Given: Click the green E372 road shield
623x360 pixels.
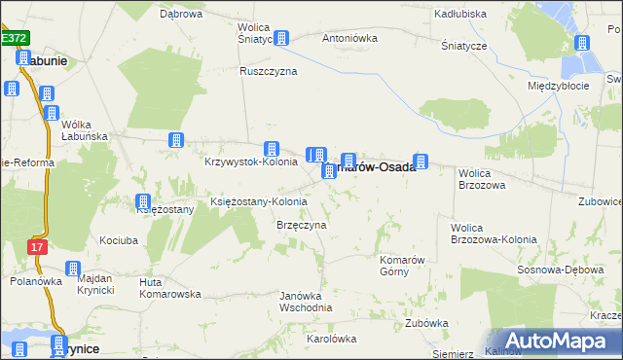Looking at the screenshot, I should point(15,37).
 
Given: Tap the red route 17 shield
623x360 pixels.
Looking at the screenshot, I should point(37,247).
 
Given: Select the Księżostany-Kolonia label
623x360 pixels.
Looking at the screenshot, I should point(259,202).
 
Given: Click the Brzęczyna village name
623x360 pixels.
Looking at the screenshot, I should point(301,225).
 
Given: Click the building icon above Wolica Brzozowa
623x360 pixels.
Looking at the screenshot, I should point(421,162).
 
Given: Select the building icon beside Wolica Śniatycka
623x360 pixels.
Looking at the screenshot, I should point(281,39).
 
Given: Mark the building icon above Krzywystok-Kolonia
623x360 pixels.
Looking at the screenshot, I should point(274,149).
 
